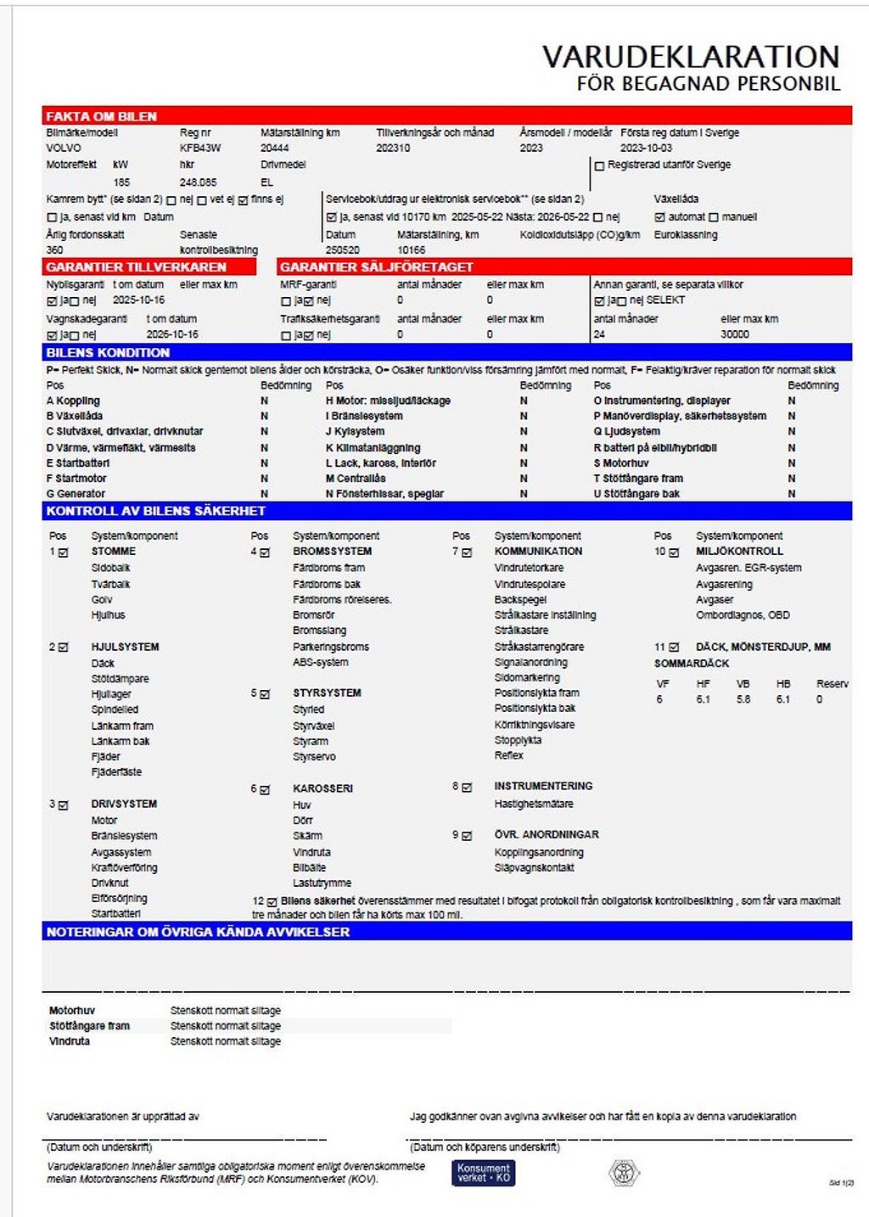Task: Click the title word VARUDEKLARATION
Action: point(691,57)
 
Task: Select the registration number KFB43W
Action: point(200,148)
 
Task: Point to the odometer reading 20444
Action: point(275,148)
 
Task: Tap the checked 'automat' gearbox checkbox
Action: point(660,217)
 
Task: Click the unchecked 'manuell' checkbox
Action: point(714,217)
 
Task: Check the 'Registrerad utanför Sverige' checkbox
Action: point(599,165)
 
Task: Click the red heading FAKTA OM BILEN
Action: point(102,116)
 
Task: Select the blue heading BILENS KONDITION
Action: point(108,352)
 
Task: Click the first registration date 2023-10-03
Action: point(646,148)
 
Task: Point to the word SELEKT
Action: point(665,300)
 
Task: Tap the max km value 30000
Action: point(735,334)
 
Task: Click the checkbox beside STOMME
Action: point(63,552)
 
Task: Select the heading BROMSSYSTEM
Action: point(332,551)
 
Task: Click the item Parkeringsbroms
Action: point(331,647)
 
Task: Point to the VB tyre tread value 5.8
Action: point(743,699)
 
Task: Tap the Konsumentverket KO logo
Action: point(483,1173)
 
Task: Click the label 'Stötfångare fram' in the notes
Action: point(89,1026)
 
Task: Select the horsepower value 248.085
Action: point(198,182)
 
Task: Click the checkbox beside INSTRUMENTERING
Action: point(467,788)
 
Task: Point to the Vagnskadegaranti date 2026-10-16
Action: point(172,334)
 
